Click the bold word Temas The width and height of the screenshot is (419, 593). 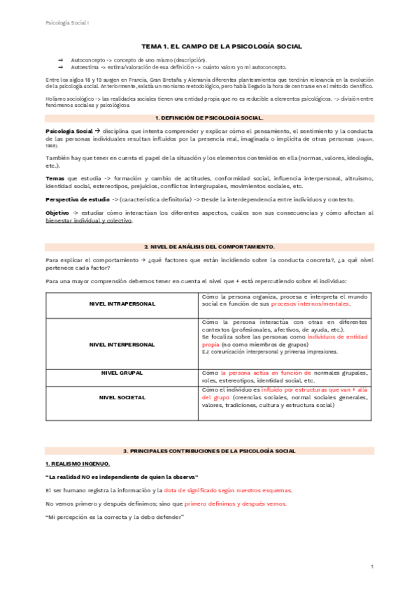tap(55, 178)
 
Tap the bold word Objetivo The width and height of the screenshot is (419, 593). tap(57, 213)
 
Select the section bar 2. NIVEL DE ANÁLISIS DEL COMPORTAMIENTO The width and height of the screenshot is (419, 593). tap(209, 247)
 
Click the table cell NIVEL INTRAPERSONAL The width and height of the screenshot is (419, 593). tap(122, 304)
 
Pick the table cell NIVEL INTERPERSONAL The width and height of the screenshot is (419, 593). tap(122, 344)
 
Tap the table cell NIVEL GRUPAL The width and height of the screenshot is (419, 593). tap(122, 373)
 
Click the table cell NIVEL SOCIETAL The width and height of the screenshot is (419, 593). tap(122, 397)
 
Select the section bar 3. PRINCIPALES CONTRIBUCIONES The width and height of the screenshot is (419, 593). tap(209, 451)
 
